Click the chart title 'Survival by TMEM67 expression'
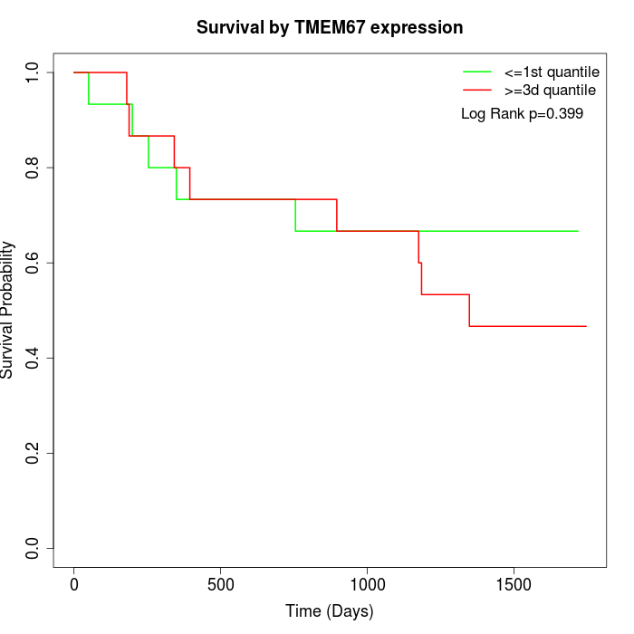330,27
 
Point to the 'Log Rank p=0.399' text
522,114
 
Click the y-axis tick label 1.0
34,72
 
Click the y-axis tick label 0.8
34,168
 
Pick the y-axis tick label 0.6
34,263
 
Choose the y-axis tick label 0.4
34,358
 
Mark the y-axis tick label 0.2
34,453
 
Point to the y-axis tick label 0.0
34,548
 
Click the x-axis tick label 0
74,584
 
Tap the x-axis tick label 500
221,584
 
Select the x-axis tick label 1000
367,584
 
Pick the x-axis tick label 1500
514,584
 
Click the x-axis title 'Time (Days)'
330,611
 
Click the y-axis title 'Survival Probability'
8,310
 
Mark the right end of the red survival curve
586,326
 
